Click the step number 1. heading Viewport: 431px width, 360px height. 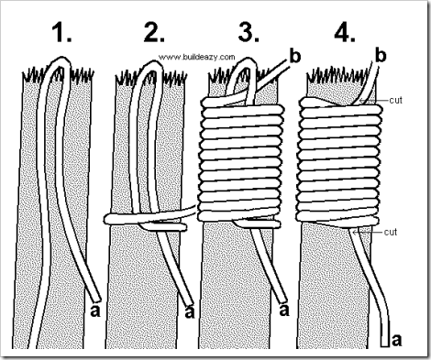62,32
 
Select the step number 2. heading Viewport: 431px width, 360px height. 154,32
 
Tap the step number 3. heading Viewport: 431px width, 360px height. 249,32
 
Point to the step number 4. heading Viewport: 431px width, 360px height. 345,32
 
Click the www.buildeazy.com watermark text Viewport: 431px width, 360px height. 197,57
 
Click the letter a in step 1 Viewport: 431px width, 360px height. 95,311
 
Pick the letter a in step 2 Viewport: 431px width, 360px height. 190,311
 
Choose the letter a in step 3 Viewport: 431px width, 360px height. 284,311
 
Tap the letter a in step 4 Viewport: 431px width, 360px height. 396,340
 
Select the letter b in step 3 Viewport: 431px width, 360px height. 294,56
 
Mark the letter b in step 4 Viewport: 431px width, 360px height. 381,56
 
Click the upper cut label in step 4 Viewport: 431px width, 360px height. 395,100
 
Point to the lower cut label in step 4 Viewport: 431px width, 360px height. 391,232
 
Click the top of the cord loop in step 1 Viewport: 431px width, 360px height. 61,60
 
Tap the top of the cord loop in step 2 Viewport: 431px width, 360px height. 152,63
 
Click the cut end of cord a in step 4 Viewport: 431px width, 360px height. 385,346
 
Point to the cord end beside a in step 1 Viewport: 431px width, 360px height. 96,299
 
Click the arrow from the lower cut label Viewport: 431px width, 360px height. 368,233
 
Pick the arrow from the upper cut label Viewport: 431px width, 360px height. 373,100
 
